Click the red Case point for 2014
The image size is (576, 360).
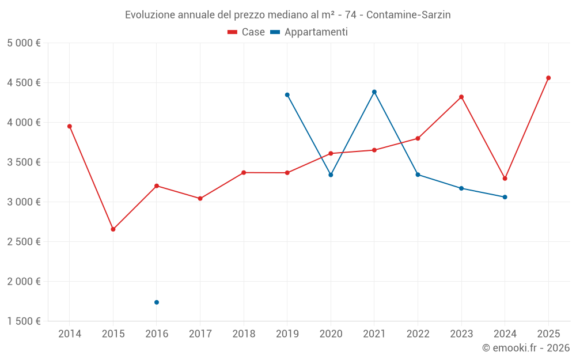click(x=70, y=126)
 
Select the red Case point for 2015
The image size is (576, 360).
click(x=113, y=229)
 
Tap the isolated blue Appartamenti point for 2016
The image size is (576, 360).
click(x=157, y=302)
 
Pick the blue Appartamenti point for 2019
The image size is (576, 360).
click(x=287, y=95)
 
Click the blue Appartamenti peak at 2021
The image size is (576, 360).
click(x=374, y=92)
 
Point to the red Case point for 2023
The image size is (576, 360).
click(x=461, y=97)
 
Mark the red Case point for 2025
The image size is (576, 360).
click(x=548, y=78)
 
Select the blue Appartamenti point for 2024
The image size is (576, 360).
click(x=505, y=197)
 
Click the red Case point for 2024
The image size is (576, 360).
click(x=505, y=179)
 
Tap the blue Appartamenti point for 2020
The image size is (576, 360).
click(x=331, y=175)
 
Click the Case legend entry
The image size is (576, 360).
click(x=247, y=32)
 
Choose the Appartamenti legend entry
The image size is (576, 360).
click(x=309, y=32)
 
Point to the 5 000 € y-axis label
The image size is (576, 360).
click(x=24, y=43)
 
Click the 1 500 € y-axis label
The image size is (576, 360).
click(x=24, y=321)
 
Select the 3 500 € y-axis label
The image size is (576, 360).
click(x=24, y=162)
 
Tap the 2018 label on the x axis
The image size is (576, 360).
click(x=244, y=334)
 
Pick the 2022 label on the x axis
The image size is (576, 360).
click(x=418, y=334)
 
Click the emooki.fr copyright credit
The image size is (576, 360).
click(x=526, y=348)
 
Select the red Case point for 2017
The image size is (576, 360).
click(x=200, y=199)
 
